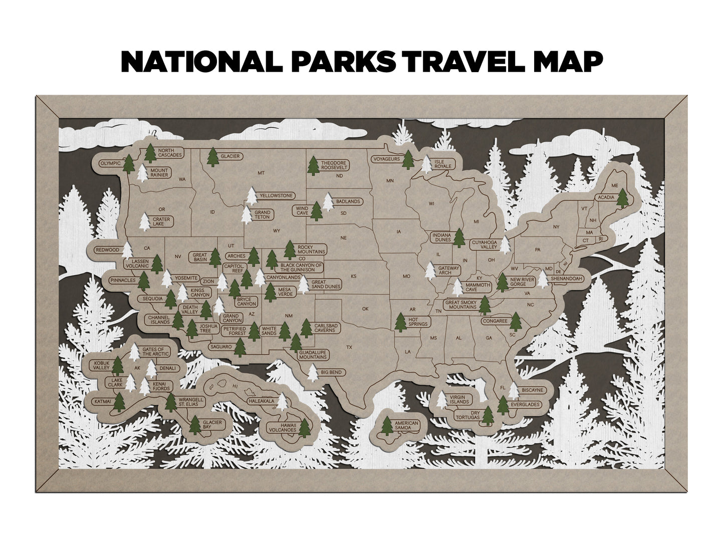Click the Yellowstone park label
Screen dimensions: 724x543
[276, 195]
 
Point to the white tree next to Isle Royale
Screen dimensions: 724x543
[427, 164]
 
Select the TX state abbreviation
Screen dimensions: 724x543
[350, 347]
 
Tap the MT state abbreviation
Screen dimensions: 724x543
[261, 173]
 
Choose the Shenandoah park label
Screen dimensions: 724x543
[567, 279]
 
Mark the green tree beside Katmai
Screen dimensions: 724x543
[119, 401]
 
